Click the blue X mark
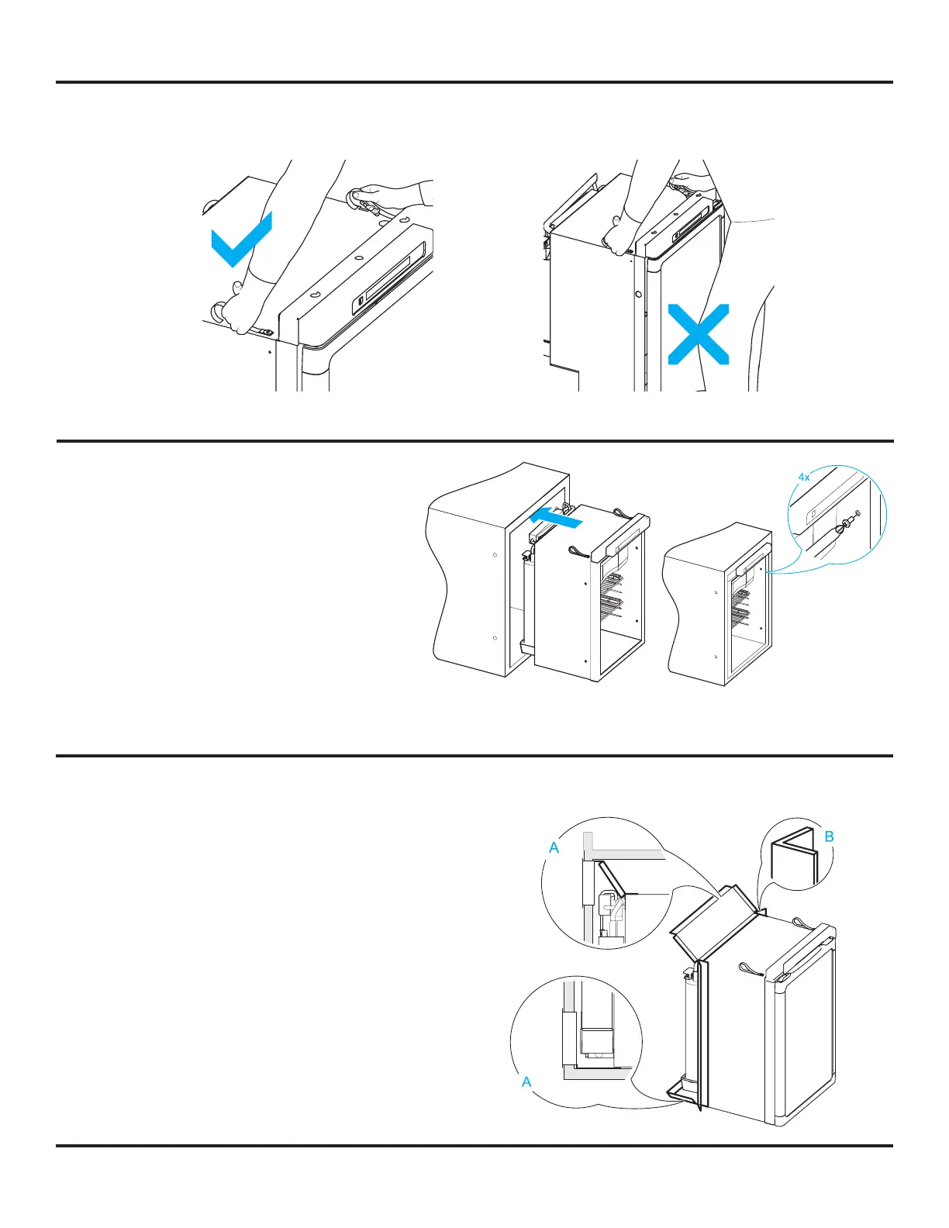[x=698, y=333]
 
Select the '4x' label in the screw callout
[x=804, y=478]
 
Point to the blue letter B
[x=829, y=836]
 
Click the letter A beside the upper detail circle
[x=554, y=848]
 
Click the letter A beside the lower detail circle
[x=526, y=1081]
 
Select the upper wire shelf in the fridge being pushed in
[x=611, y=581]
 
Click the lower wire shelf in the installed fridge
[x=740, y=616]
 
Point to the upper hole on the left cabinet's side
[x=495, y=555]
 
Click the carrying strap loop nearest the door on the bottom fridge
[x=752, y=969]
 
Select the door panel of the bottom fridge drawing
[x=802, y=1023]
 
